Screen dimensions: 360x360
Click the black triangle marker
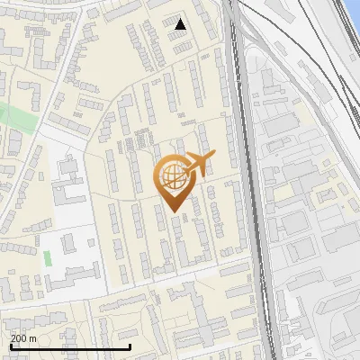(x=181, y=24)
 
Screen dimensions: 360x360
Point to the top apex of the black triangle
(x=181, y=18)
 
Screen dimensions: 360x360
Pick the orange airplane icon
(x=199, y=164)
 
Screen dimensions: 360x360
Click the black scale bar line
(x=69, y=346)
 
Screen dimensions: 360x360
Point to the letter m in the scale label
(x=33, y=338)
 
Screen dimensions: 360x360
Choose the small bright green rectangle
(x=48, y=258)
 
